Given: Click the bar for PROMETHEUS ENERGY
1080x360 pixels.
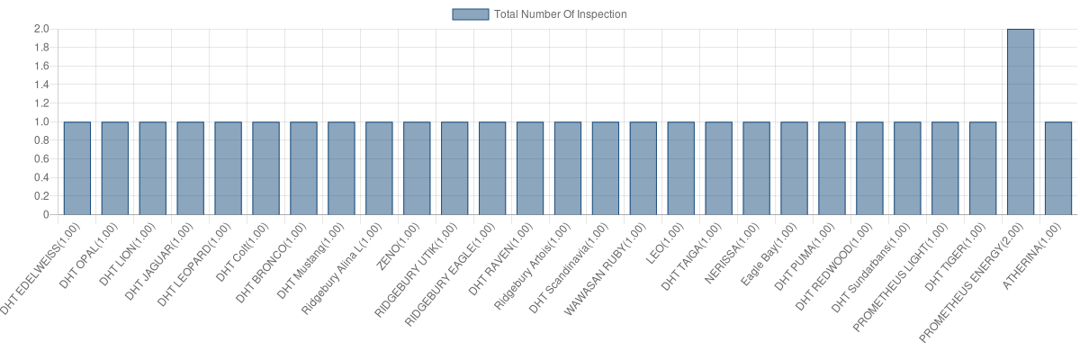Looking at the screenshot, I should (x=1021, y=122).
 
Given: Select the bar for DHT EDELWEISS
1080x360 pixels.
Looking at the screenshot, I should (x=77, y=168).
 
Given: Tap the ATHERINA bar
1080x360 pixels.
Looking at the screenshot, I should (x=1058, y=168).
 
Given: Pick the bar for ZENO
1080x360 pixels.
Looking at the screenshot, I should (x=417, y=168).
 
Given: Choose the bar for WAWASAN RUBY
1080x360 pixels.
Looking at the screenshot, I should (x=643, y=168).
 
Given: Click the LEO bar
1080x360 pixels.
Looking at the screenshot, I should (x=681, y=168).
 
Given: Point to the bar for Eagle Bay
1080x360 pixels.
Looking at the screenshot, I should (x=795, y=168).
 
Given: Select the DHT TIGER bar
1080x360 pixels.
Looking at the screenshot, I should (x=983, y=168).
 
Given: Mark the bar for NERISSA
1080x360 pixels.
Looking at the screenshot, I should (x=757, y=168).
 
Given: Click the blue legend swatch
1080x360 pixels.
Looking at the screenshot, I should (x=471, y=14).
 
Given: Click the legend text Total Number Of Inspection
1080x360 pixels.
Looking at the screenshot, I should (x=560, y=14).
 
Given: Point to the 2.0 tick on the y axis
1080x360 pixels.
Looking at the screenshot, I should (x=41, y=29).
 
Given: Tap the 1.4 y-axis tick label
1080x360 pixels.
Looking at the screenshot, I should (x=41, y=85).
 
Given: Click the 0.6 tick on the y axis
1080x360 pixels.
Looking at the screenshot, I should (x=41, y=159).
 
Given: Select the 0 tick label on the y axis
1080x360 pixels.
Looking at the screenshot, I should (x=45, y=215).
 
